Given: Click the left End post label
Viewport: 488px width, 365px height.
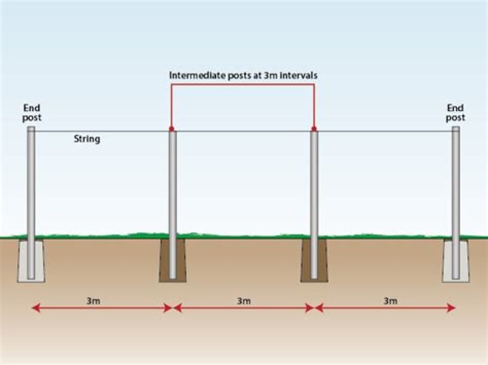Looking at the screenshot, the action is tap(32, 112).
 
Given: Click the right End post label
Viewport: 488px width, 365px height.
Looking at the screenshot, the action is tap(455, 112).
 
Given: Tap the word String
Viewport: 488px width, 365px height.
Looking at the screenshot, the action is tap(87, 139).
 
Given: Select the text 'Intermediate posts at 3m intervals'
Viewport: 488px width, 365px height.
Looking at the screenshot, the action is tap(243, 76).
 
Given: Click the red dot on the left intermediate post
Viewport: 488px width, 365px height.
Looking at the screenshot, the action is tap(171, 129).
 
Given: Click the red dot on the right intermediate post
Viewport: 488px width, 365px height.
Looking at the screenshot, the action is tap(314, 129).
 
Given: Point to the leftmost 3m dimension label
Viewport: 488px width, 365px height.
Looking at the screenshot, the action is tap(94, 301).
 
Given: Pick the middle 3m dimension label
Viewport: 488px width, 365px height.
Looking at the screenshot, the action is tap(244, 301).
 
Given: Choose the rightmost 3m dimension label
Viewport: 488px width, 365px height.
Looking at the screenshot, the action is tap(390, 301).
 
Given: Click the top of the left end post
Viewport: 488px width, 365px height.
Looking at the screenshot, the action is tap(31, 127).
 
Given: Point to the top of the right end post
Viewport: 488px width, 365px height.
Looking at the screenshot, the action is tap(456, 127).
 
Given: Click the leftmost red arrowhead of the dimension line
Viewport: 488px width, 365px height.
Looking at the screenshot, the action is tap(36, 308).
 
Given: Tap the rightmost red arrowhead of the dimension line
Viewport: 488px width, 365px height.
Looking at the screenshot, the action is tap(451, 308).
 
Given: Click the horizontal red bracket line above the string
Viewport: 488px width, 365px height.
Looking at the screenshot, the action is tap(243, 85).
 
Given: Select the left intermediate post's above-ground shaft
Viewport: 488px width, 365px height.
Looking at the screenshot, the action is tap(173, 184).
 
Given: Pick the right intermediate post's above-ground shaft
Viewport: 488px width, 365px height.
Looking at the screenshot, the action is tap(314, 184).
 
